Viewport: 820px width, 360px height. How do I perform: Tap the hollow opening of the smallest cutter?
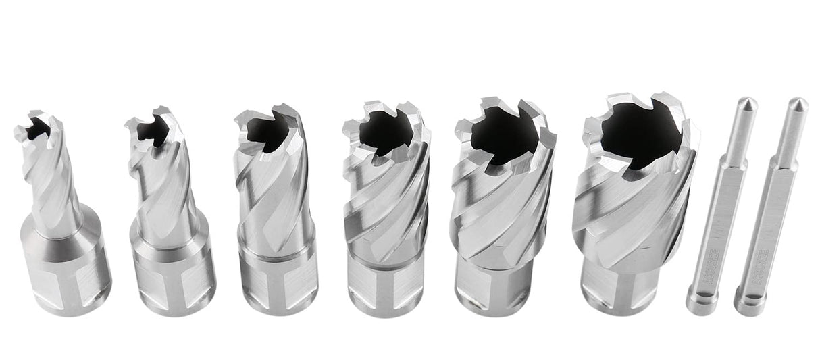[37, 127]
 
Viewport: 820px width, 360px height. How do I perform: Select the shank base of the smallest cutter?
[66, 270]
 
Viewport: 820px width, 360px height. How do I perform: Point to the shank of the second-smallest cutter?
[172, 270]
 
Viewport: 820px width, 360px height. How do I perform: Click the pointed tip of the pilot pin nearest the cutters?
[747, 105]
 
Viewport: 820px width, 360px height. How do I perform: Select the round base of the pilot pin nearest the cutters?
[701, 301]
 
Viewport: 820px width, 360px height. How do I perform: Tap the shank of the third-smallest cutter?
[278, 277]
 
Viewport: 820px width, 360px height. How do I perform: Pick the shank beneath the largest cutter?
[618, 287]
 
